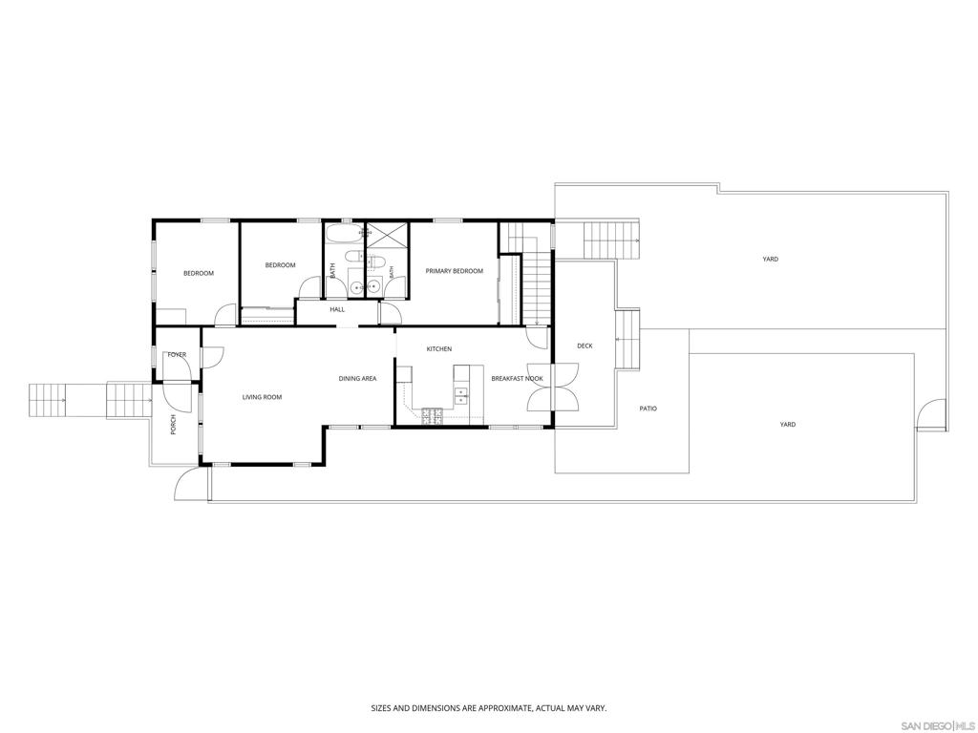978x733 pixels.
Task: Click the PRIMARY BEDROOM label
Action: coord(454,271)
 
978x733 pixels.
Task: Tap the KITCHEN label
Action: coord(439,349)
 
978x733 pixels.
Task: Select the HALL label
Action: coord(337,309)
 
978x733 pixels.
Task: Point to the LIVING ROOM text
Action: coord(262,397)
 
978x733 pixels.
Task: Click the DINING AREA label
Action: coord(357,378)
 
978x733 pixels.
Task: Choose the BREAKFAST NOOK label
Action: coord(517,378)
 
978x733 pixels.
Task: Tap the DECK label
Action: coord(585,346)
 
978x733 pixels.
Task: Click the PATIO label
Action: coord(648,408)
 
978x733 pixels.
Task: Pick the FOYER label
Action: coord(177,355)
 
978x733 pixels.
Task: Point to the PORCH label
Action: coord(174,425)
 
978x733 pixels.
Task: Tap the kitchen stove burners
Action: coord(433,416)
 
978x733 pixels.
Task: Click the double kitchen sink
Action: coord(461,393)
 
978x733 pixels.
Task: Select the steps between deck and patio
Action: coord(627,340)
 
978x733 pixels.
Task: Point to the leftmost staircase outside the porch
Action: coord(48,400)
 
